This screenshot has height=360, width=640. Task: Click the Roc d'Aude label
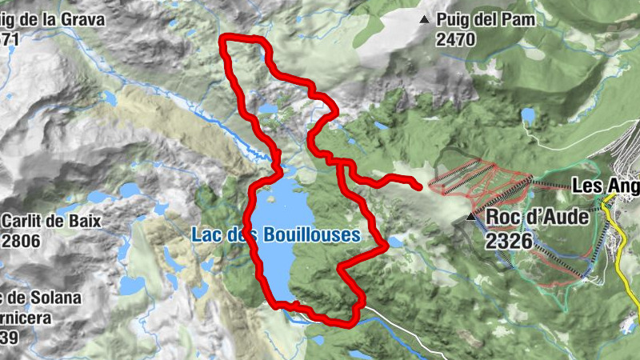(535, 217)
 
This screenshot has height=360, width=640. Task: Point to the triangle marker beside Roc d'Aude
(471, 216)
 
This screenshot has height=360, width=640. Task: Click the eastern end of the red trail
(419, 187)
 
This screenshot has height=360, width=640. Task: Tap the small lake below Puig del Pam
(528, 115)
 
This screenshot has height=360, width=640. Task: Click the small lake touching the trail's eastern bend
(396, 241)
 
